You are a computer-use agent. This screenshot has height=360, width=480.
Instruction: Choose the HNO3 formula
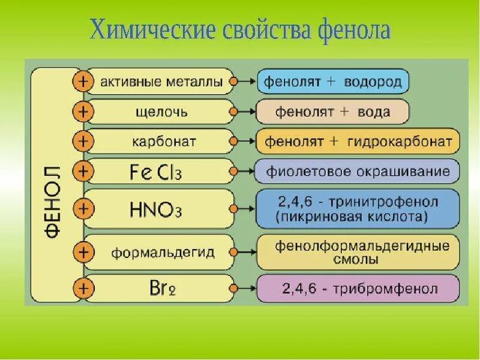click(155, 209)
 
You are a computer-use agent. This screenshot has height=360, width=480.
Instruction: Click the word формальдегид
click(163, 252)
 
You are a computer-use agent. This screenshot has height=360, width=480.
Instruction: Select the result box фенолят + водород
click(334, 81)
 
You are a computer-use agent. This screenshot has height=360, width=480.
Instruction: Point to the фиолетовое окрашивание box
click(357, 172)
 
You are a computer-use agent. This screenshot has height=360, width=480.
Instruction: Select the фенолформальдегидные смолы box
click(357, 253)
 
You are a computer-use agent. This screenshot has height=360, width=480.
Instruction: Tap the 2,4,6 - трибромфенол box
click(357, 289)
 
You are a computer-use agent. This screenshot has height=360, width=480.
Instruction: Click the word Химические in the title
click(143, 30)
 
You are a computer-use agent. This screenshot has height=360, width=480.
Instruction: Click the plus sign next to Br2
click(83, 289)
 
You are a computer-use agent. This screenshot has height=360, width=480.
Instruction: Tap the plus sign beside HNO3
click(83, 209)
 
